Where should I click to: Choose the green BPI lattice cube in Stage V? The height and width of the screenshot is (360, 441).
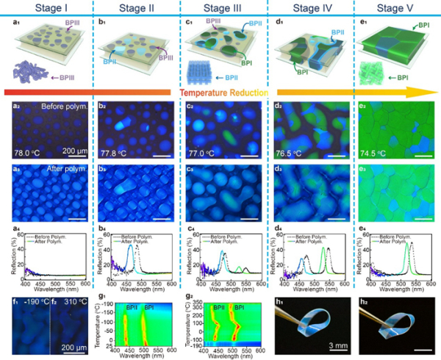click(x=371, y=72)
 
